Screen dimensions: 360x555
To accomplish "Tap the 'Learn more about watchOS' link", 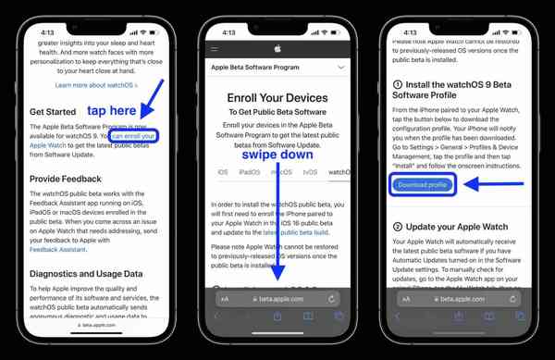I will pyautogui.click(x=95, y=85).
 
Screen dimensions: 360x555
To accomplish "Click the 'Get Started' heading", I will pyautogui.click(x=52, y=112).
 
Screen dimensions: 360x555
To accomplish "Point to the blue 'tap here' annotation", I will pyautogui.click(x=111, y=111).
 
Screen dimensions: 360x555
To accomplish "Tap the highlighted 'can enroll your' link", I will pyautogui.click(x=134, y=136).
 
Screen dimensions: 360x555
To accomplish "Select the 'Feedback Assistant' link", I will pyautogui.click(x=57, y=250).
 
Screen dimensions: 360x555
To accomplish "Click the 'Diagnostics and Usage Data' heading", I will pyautogui.click(x=86, y=274).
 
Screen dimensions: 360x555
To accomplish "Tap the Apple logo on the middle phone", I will pyautogui.click(x=277, y=48).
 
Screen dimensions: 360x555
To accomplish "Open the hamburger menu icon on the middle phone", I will pyautogui.click(x=215, y=49).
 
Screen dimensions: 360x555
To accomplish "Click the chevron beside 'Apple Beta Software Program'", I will pyautogui.click(x=340, y=68).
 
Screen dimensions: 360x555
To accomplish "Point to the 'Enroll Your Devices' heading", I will pyautogui.click(x=277, y=97).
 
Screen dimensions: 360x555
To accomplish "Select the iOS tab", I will pyautogui.click(x=223, y=172).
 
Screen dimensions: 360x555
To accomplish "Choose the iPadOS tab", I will pyautogui.click(x=250, y=172).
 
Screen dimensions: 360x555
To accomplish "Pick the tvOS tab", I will pyautogui.click(x=310, y=172).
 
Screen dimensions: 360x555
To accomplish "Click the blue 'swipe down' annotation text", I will pyautogui.click(x=277, y=155).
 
